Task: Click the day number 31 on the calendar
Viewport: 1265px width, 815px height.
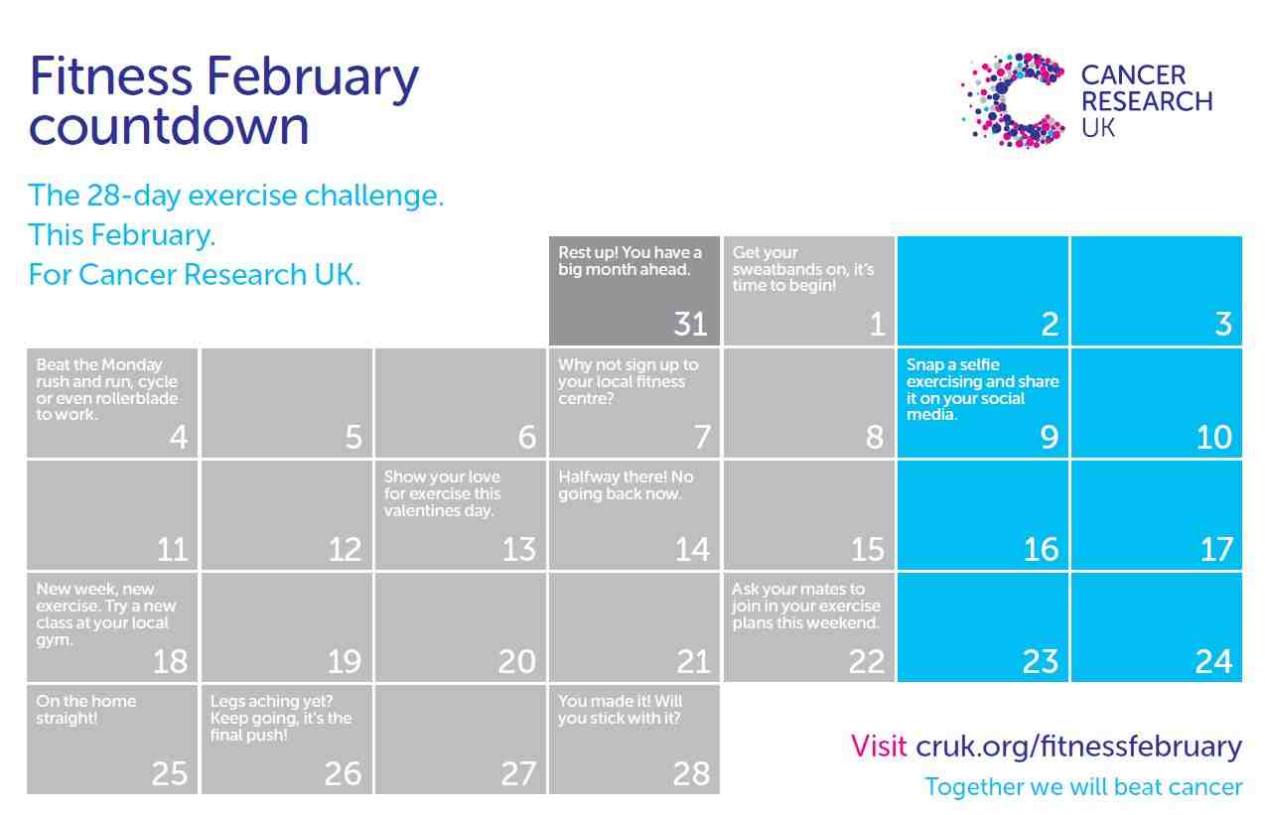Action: click(x=690, y=324)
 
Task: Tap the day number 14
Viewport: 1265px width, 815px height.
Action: click(x=692, y=549)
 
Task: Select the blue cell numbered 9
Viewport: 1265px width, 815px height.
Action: click(x=983, y=402)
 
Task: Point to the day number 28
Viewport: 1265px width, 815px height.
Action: click(x=691, y=773)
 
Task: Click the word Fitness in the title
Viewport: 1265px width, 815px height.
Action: click(x=111, y=75)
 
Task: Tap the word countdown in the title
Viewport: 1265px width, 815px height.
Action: click(x=169, y=125)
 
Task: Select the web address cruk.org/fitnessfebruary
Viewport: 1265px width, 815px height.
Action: click(x=1078, y=747)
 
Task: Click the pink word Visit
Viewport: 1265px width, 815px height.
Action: click(x=879, y=747)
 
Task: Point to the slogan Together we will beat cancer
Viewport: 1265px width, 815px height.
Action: click(x=1083, y=787)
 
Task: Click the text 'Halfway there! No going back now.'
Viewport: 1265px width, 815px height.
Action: click(x=626, y=485)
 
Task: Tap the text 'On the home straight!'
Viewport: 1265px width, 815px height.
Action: click(x=85, y=710)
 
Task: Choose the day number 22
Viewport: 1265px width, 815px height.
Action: click(x=866, y=661)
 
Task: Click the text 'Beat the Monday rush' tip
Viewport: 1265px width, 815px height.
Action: click(x=106, y=389)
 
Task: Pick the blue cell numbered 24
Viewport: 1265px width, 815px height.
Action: click(x=1157, y=627)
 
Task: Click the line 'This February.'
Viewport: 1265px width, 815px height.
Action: click(x=122, y=235)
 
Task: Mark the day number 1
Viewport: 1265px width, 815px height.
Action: click(x=877, y=324)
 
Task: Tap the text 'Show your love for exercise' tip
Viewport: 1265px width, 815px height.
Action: click(x=442, y=493)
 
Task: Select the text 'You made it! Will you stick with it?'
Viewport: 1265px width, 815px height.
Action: click(x=620, y=710)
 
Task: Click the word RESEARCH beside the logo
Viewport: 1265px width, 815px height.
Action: click(x=1147, y=101)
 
